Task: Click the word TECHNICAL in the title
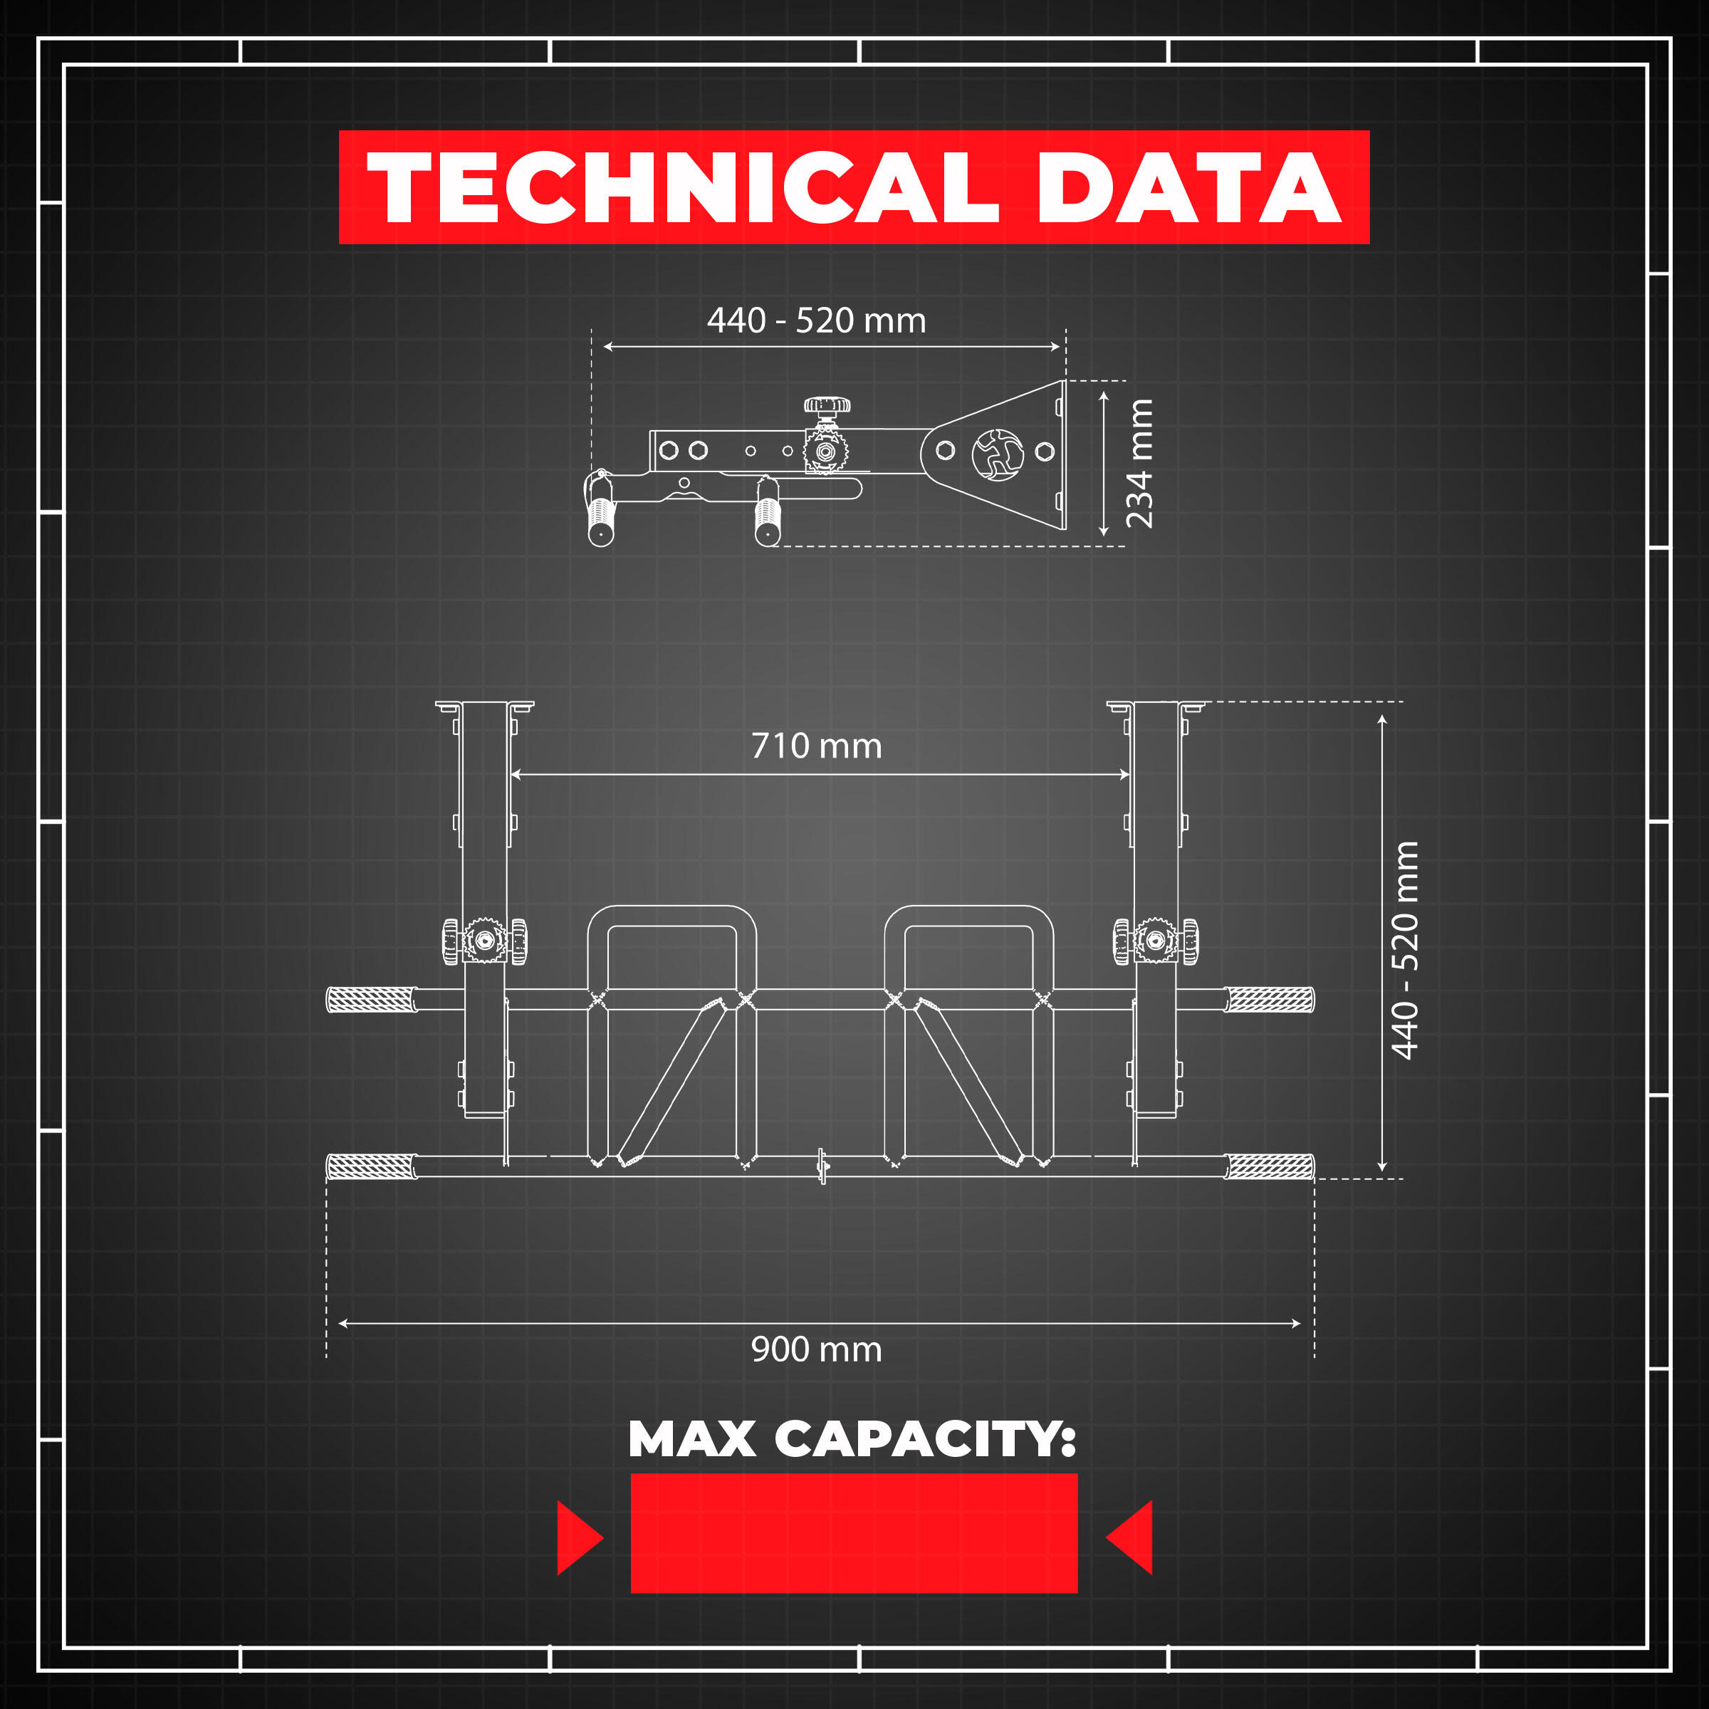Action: (683, 187)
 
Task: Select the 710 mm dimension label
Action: (817, 746)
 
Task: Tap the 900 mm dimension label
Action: (817, 1349)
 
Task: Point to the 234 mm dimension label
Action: (1139, 464)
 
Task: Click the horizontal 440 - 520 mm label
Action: (817, 320)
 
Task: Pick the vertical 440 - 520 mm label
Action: (1405, 950)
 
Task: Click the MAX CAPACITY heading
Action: (852, 1439)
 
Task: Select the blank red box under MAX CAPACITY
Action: (854, 1533)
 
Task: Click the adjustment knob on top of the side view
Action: (827, 407)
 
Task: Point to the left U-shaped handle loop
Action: (672, 916)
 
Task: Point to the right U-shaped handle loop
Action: (968, 916)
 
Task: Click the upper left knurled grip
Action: (372, 1000)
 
